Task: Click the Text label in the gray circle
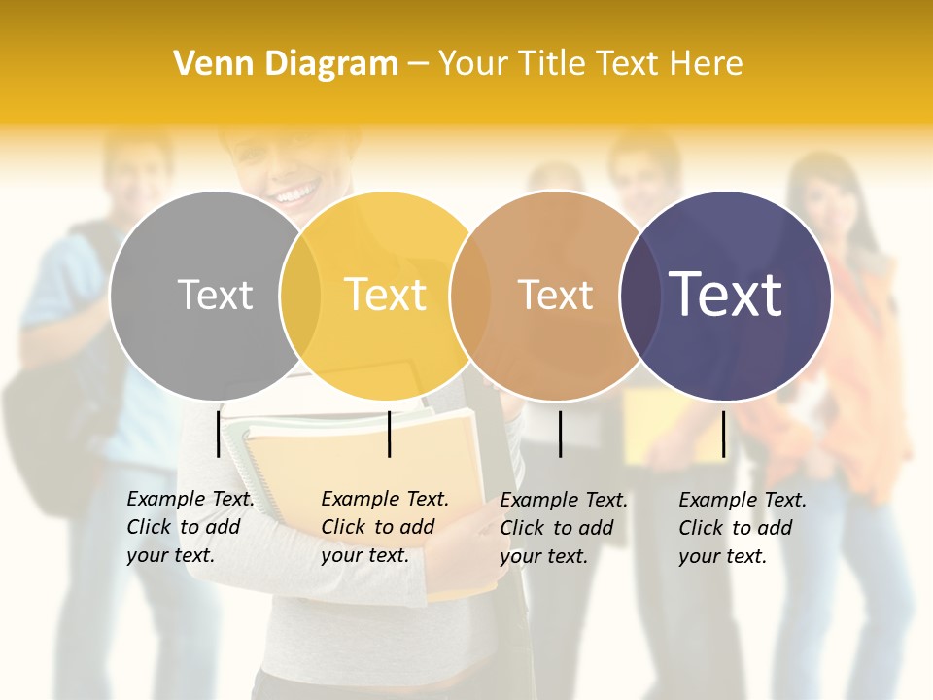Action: tap(215, 295)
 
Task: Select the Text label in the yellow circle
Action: tap(386, 295)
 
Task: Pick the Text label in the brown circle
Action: tap(555, 295)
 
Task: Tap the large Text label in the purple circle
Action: tap(725, 295)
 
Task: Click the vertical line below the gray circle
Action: tap(219, 434)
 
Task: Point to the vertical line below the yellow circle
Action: tap(389, 434)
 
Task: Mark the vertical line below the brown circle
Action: tap(561, 434)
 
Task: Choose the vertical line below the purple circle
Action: tap(724, 434)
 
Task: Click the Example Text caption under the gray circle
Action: tap(190, 527)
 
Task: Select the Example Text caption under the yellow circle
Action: tap(384, 527)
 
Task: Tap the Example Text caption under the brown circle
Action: tap(563, 528)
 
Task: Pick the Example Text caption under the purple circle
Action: tap(742, 528)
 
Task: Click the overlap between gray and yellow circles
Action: tap(300, 296)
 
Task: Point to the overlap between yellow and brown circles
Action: tap(470, 296)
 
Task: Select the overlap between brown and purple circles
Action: tap(640, 296)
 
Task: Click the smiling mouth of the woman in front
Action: tap(291, 194)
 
